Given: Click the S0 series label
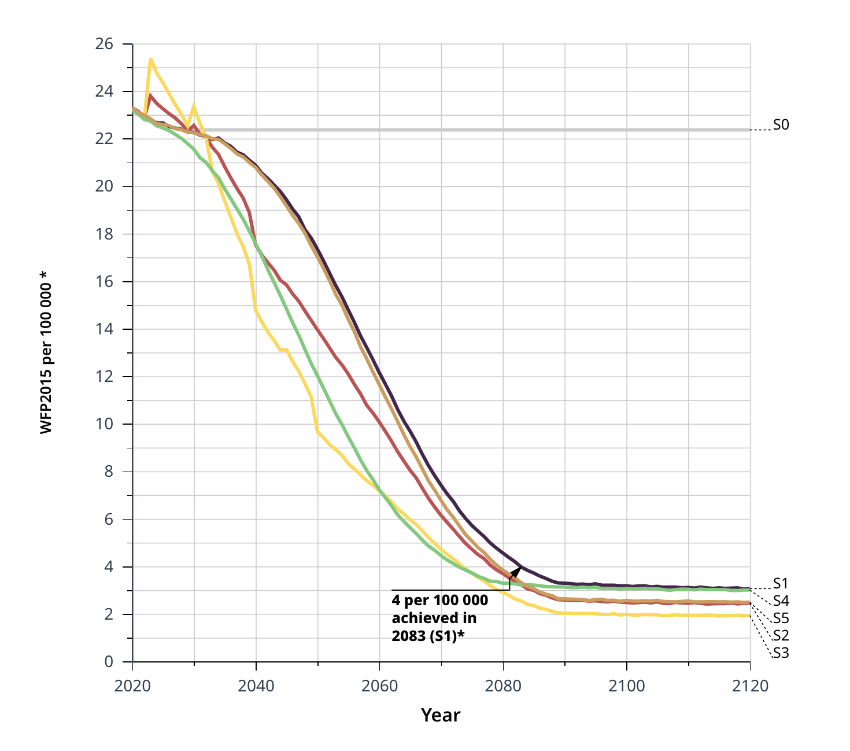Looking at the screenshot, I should click(x=781, y=125).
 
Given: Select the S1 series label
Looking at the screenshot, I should click(x=781, y=583).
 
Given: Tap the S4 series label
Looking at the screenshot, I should click(x=781, y=601).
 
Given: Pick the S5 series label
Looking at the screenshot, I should click(x=781, y=618).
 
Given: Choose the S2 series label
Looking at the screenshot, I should click(x=781, y=635).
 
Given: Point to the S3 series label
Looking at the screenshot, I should click(x=781, y=653).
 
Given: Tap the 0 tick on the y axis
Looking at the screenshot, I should click(x=108, y=662).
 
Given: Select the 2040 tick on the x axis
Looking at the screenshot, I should click(x=256, y=686).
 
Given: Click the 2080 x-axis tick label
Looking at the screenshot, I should click(x=503, y=686).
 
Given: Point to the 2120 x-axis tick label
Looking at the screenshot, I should click(x=750, y=686).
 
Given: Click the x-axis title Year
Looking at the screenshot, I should click(x=441, y=715).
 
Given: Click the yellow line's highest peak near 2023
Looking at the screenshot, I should click(x=150, y=58).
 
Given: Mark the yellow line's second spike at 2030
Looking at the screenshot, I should click(x=194, y=106).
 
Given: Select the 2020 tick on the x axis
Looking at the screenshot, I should click(x=132, y=686).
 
